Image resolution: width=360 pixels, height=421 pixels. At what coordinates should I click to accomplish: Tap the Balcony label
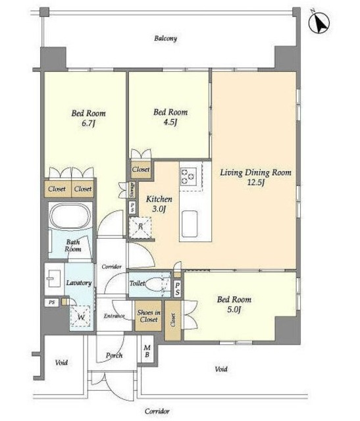tap(165, 38)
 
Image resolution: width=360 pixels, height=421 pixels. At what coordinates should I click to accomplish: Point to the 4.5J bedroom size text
tap(170, 122)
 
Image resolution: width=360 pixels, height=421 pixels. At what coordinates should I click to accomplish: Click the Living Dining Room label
tap(255, 172)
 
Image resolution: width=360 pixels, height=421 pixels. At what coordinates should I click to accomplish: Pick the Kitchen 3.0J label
tap(159, 204)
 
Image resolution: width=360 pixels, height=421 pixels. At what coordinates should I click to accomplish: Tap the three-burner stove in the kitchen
tap(188, 176)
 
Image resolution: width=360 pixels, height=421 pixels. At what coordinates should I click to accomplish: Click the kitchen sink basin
tap(190, 224)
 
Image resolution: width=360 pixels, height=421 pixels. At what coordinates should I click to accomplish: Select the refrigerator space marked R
tap(140, 228)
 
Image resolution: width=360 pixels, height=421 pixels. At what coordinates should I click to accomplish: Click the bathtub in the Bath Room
tap(71, 215)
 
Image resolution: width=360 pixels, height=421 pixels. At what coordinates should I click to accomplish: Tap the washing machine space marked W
tap(81, 316)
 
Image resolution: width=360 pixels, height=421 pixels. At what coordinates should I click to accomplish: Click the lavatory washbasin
tap(55, 278)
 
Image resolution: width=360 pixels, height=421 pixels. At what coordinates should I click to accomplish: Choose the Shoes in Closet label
tap(149, 316)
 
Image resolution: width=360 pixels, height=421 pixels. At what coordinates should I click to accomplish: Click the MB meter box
tap(147, 351)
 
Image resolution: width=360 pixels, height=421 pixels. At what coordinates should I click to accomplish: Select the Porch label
tap(114, 355)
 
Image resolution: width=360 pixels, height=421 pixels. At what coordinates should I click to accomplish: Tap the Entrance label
tap(114, 316)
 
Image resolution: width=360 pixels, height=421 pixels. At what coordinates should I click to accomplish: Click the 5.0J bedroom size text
tap(234, 310)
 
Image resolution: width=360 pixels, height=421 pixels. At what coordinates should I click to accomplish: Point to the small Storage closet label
tap(132, 190)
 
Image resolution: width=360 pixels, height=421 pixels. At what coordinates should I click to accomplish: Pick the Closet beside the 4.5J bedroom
tap(141, 170)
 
